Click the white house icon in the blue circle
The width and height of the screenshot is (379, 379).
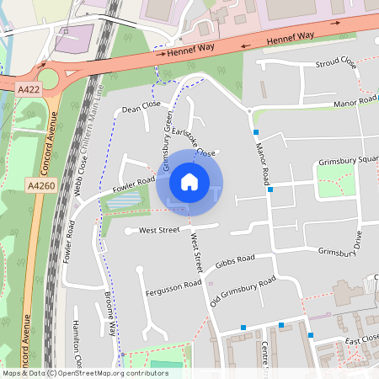tap(189, 182)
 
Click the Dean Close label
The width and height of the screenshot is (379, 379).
tap(141, 107)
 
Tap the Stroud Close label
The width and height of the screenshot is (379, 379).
tap(335, 64)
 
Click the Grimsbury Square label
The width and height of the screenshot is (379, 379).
tap(348, 161)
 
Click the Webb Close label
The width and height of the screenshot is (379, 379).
tap(82, 168)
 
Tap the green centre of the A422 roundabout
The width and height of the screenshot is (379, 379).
tap(47, 78)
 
